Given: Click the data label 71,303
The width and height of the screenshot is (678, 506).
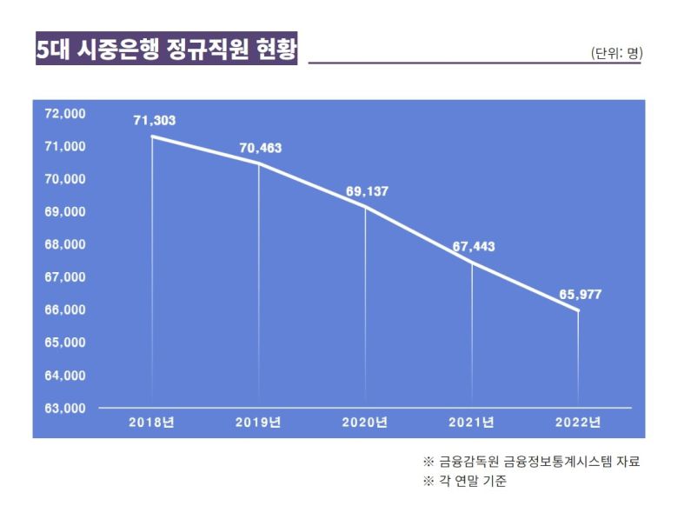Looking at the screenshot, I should point(154,121).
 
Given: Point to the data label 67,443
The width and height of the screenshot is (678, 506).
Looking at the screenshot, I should point(473,247).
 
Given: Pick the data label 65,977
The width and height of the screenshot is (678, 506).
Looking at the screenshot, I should point(580,295).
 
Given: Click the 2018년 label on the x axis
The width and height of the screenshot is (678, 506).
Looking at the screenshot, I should point(152,423).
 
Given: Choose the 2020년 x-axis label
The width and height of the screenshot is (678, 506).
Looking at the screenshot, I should point(365,423).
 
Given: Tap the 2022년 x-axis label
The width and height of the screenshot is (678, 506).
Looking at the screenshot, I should point(578,423).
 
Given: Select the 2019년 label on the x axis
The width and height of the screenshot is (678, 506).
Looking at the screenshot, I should point(258,423).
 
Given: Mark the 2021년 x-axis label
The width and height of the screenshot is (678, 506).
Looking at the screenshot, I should point(471,423).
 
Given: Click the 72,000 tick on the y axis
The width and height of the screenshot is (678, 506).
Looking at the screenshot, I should point(64,114).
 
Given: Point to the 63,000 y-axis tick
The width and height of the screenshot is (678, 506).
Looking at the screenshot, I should point(64,408).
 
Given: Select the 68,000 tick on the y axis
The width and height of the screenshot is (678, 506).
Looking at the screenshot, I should point(64,244).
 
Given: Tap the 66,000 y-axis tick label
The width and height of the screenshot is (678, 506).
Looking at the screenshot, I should point(64,310).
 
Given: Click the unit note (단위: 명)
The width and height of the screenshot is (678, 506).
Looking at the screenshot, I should point(615,53).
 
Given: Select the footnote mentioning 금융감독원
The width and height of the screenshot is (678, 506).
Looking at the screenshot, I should point(531,462).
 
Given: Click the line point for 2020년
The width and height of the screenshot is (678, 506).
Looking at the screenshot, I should point(365,207).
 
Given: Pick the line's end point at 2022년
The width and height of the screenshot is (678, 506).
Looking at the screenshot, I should point(578,310).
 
